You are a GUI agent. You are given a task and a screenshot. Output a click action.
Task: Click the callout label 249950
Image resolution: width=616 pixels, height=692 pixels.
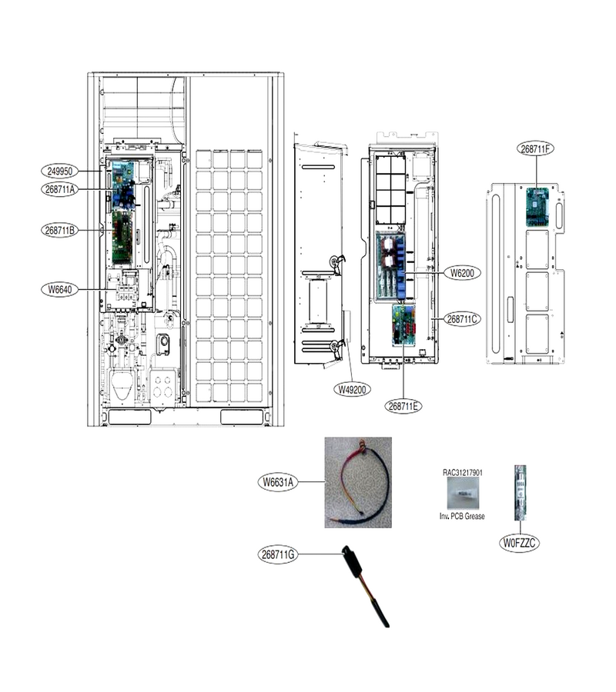tap(59, 171)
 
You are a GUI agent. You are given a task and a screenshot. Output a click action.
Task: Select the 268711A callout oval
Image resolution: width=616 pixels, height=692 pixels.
tap(59, 189)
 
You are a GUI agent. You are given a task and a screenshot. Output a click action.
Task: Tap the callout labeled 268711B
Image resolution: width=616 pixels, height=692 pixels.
tap(59, 230)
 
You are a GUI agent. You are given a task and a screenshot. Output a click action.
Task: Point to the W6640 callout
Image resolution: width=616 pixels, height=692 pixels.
tap(59, 290)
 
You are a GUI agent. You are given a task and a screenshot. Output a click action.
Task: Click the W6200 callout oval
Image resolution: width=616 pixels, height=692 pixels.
tap(462, 273)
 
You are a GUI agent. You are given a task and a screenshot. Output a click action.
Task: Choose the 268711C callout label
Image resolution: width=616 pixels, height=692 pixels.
tap(462, 318)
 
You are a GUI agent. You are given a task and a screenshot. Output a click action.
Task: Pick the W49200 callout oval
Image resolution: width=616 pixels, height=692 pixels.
tap(352, 389)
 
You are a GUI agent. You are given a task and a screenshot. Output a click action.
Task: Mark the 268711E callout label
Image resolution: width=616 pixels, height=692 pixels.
tap(403, 406)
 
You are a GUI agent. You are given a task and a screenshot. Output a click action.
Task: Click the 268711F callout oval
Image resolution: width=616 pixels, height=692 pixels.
tap(535, 148)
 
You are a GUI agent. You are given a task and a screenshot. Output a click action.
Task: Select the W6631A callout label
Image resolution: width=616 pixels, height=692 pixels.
tap(277, 482)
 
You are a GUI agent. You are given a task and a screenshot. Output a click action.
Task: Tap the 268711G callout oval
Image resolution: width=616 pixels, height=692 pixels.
tap(277, 554)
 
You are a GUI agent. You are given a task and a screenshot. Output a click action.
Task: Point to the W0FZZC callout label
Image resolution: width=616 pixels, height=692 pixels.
tap(519, 543)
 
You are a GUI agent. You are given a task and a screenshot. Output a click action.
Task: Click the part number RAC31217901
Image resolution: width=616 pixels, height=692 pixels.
tap(463, 472)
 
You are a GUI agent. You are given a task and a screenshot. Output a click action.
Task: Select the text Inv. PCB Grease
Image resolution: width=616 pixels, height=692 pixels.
tap(462, 516)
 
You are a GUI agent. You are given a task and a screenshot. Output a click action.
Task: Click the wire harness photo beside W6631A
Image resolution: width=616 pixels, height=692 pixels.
tap(358, 482)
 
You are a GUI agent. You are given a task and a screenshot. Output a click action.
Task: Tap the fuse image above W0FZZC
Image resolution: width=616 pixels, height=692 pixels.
tap(520, 493)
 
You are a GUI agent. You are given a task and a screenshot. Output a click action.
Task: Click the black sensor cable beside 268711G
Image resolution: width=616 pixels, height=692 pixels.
tap(367, 587)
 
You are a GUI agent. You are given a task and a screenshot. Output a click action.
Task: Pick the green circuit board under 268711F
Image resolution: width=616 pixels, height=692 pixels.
tap(537, 207)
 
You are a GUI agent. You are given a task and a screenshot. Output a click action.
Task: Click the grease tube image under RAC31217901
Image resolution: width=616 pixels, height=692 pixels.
tap(462, 493)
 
